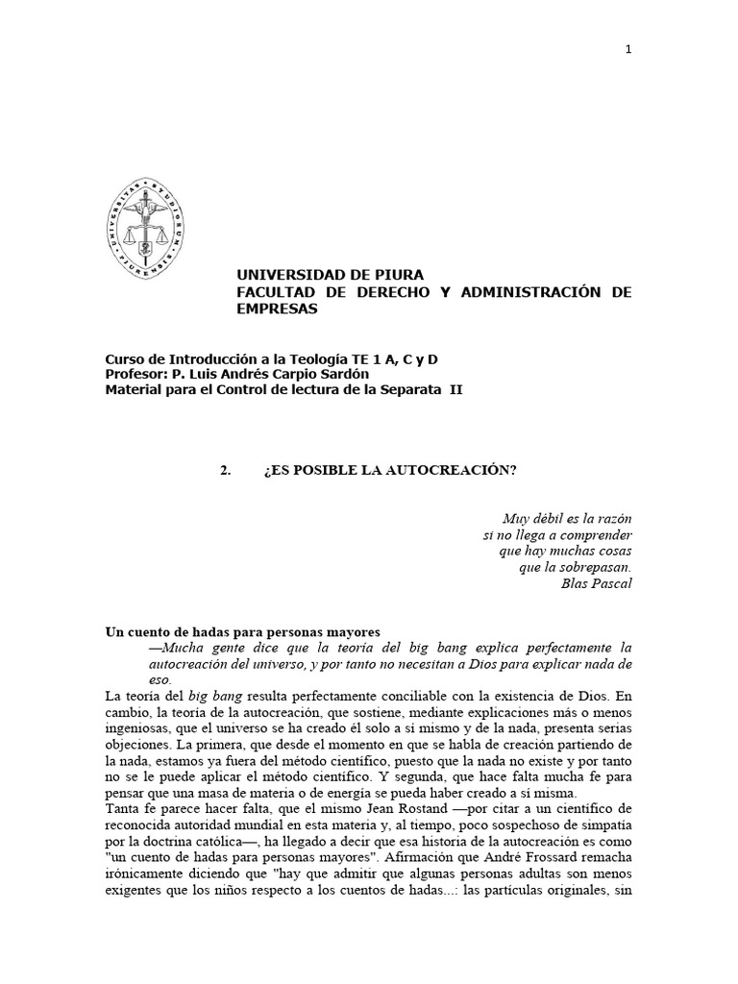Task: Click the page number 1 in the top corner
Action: tap(627, 51)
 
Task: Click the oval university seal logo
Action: tap(146, 229)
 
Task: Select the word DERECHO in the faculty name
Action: tap(393, 292)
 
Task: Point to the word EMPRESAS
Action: tap(277, 308)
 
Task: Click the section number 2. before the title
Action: tap(226, 470)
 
